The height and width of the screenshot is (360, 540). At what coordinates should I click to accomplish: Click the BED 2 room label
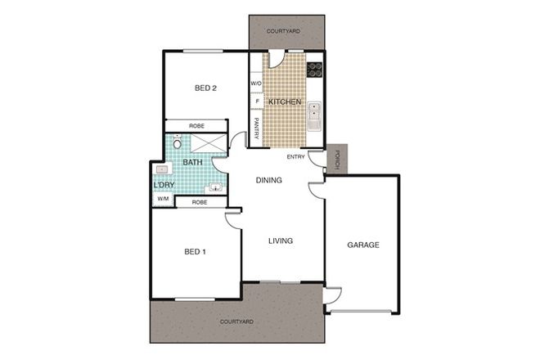point(205,88)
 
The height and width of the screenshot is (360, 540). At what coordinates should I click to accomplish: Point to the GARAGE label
point(363,245)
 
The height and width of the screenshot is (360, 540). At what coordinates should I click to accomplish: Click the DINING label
point(269,180)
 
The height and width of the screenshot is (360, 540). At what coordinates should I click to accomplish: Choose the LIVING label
point(280,241)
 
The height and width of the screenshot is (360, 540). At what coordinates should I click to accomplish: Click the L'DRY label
point(163,185)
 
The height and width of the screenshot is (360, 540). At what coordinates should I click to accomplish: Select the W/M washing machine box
point(162,199)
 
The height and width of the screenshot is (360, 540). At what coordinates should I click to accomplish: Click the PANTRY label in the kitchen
point(256,129)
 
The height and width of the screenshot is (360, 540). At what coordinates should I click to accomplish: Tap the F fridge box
point(256,101)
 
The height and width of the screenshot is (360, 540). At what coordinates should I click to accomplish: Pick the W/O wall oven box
point(255,83)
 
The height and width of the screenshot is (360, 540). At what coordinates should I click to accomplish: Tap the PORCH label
point(336,159)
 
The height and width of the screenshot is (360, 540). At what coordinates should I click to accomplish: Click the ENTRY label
point(295,158)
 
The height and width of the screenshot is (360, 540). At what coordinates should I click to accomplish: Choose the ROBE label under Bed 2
point(196,126)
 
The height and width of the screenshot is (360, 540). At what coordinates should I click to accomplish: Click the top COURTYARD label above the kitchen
point(283,31)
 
